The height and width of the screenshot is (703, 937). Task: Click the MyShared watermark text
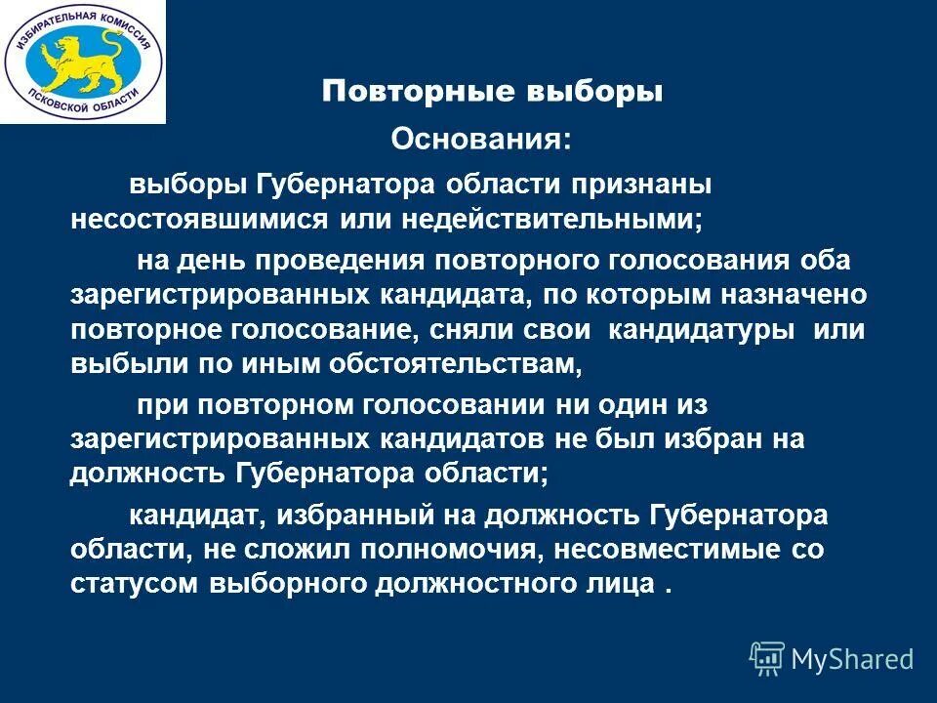(x=853, y=659)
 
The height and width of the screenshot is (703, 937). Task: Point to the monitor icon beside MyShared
(x=767, y=657)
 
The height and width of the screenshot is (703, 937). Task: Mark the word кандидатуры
(x=701, y=329)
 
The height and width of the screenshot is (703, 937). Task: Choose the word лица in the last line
(x=620, y=583)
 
